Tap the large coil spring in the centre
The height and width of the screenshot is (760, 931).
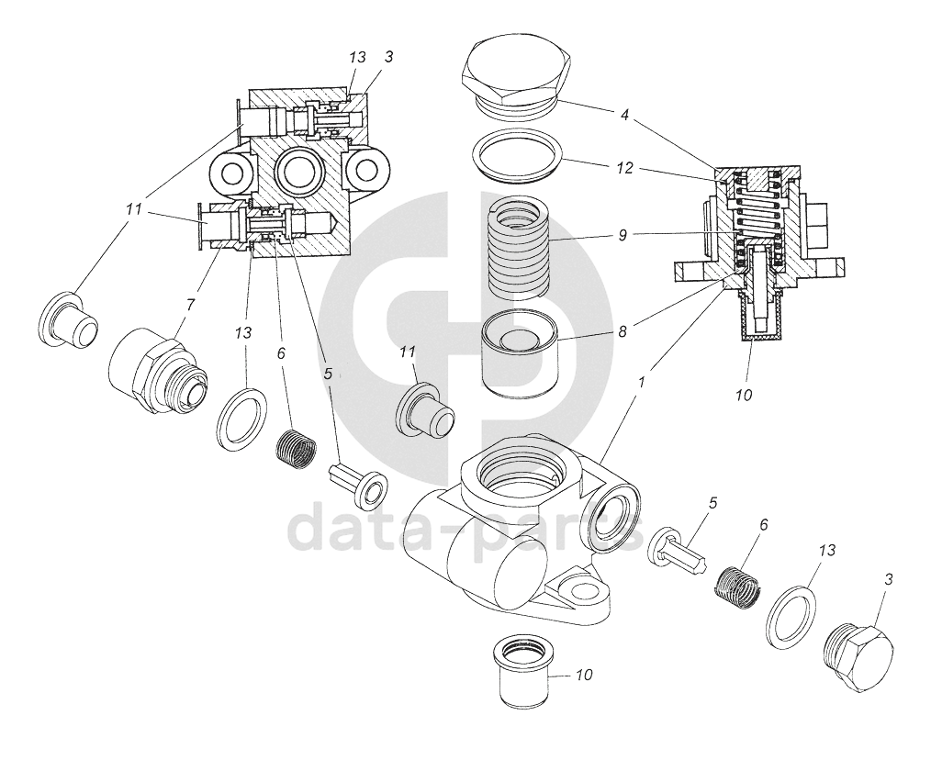pos(520,246)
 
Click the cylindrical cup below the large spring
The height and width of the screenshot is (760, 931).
pos(521,354)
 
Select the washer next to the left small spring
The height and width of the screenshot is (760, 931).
pos(242,419)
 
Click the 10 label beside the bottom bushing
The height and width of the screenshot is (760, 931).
pos(585,675)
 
